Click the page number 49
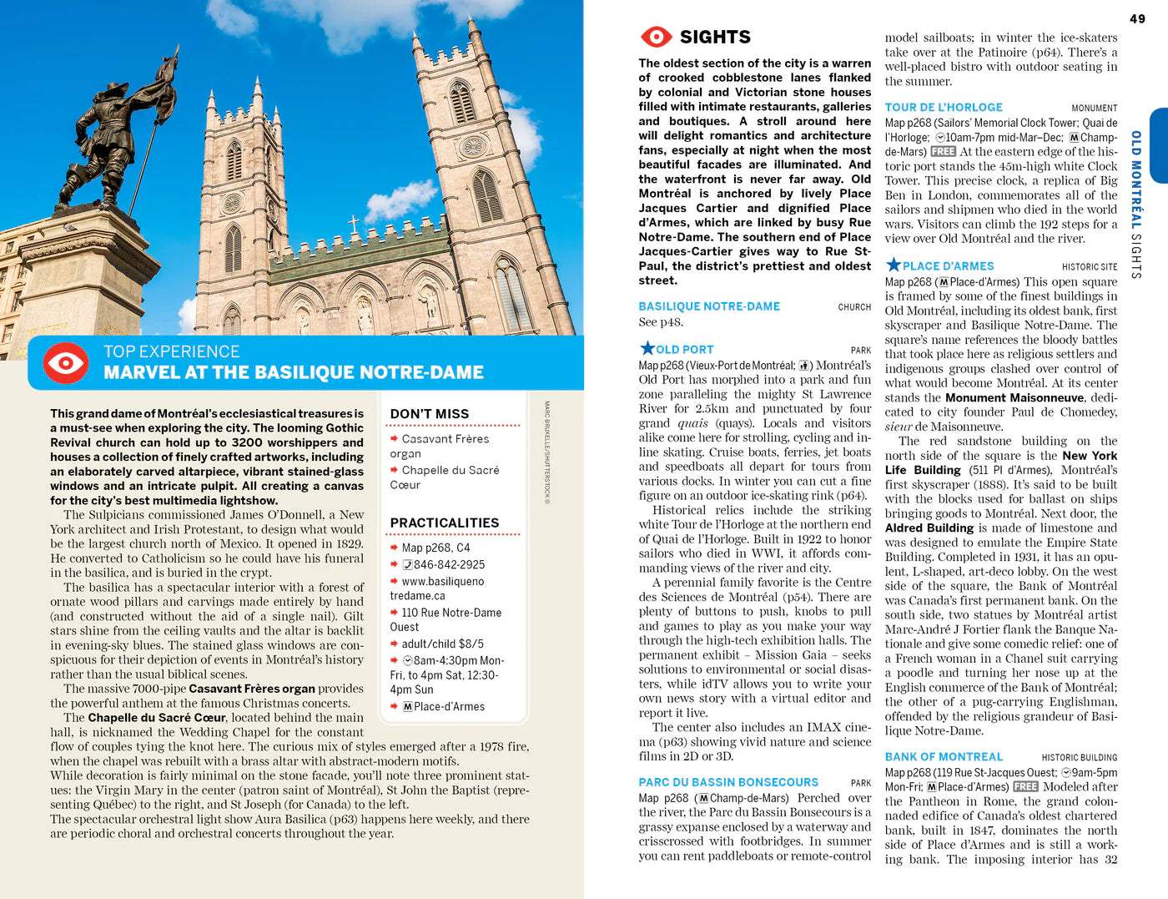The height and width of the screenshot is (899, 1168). (1137, 18)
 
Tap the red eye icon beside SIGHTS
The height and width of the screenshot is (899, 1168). (656, 37)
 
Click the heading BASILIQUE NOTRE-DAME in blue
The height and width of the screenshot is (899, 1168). (709, 306)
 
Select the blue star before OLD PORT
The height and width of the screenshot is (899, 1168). (647, 348)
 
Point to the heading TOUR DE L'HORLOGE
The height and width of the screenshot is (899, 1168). (944, 108)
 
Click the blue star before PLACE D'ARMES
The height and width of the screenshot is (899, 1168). (893, 265)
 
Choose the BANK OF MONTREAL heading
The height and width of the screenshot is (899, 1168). (944, 756)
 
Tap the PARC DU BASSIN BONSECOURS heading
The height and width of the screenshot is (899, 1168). (728, 782)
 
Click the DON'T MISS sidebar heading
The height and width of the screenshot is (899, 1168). (429, 414)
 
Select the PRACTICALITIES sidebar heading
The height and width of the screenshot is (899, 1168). (444, 523)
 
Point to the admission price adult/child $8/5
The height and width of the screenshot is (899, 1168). (442, 644)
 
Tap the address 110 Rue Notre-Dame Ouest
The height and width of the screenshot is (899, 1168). (446, 619)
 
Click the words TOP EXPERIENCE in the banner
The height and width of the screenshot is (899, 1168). (171, 351)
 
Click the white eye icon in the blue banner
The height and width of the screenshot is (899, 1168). (66, 362)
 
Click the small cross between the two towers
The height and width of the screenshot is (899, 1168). (353, 224)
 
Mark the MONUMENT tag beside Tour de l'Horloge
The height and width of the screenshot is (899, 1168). (1094, 109)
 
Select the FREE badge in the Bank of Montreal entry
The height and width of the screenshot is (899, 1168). (1025, 787)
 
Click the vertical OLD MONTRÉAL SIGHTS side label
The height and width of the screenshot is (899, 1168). (1135, 204)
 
